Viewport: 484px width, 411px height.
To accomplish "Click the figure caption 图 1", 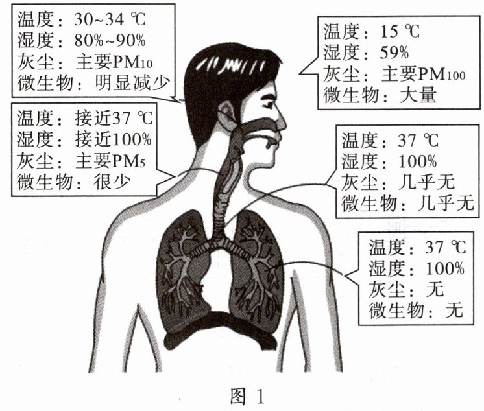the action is point(245,394).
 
